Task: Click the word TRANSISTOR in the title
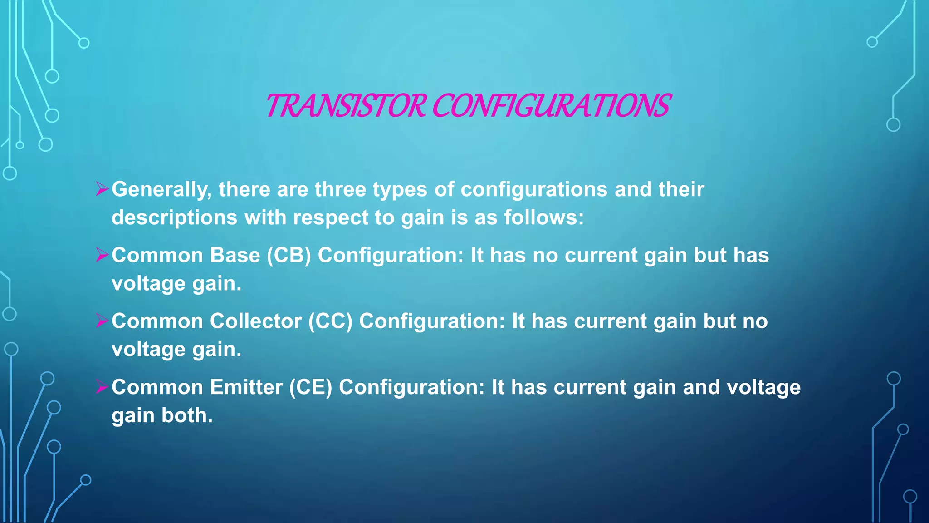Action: pos(346,106)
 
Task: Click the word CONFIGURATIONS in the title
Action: pos(551,106)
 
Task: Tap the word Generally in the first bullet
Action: pos(161,189)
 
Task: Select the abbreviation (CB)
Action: pos(288,255)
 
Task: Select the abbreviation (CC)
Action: pos(330,321)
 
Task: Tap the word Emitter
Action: pos(246,387)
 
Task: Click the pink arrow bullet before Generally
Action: pos(102,189)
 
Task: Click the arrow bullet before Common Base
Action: pos(102,255)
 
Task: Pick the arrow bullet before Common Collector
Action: pos(102,321)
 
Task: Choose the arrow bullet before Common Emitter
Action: pos(102,387)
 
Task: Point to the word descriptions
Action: pos(175,217)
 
